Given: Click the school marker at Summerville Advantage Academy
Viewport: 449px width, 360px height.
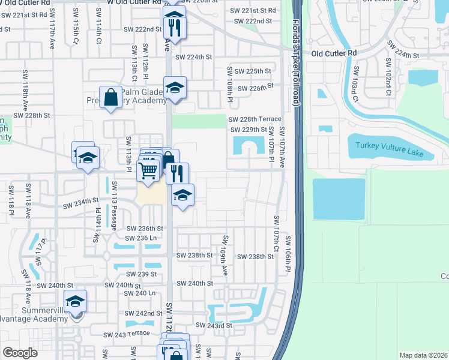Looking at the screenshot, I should click(x=76, y=302).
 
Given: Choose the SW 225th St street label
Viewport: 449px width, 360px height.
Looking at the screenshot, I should click(x=253, y=71).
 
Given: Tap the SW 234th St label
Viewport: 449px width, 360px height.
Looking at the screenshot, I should click(x=82, y=204).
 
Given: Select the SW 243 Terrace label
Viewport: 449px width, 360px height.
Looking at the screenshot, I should click(x=126, y=334).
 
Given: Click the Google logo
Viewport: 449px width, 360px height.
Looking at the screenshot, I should click(x=20, y=352).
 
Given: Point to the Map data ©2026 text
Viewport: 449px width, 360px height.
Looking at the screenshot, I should click(x=423, y=355).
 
